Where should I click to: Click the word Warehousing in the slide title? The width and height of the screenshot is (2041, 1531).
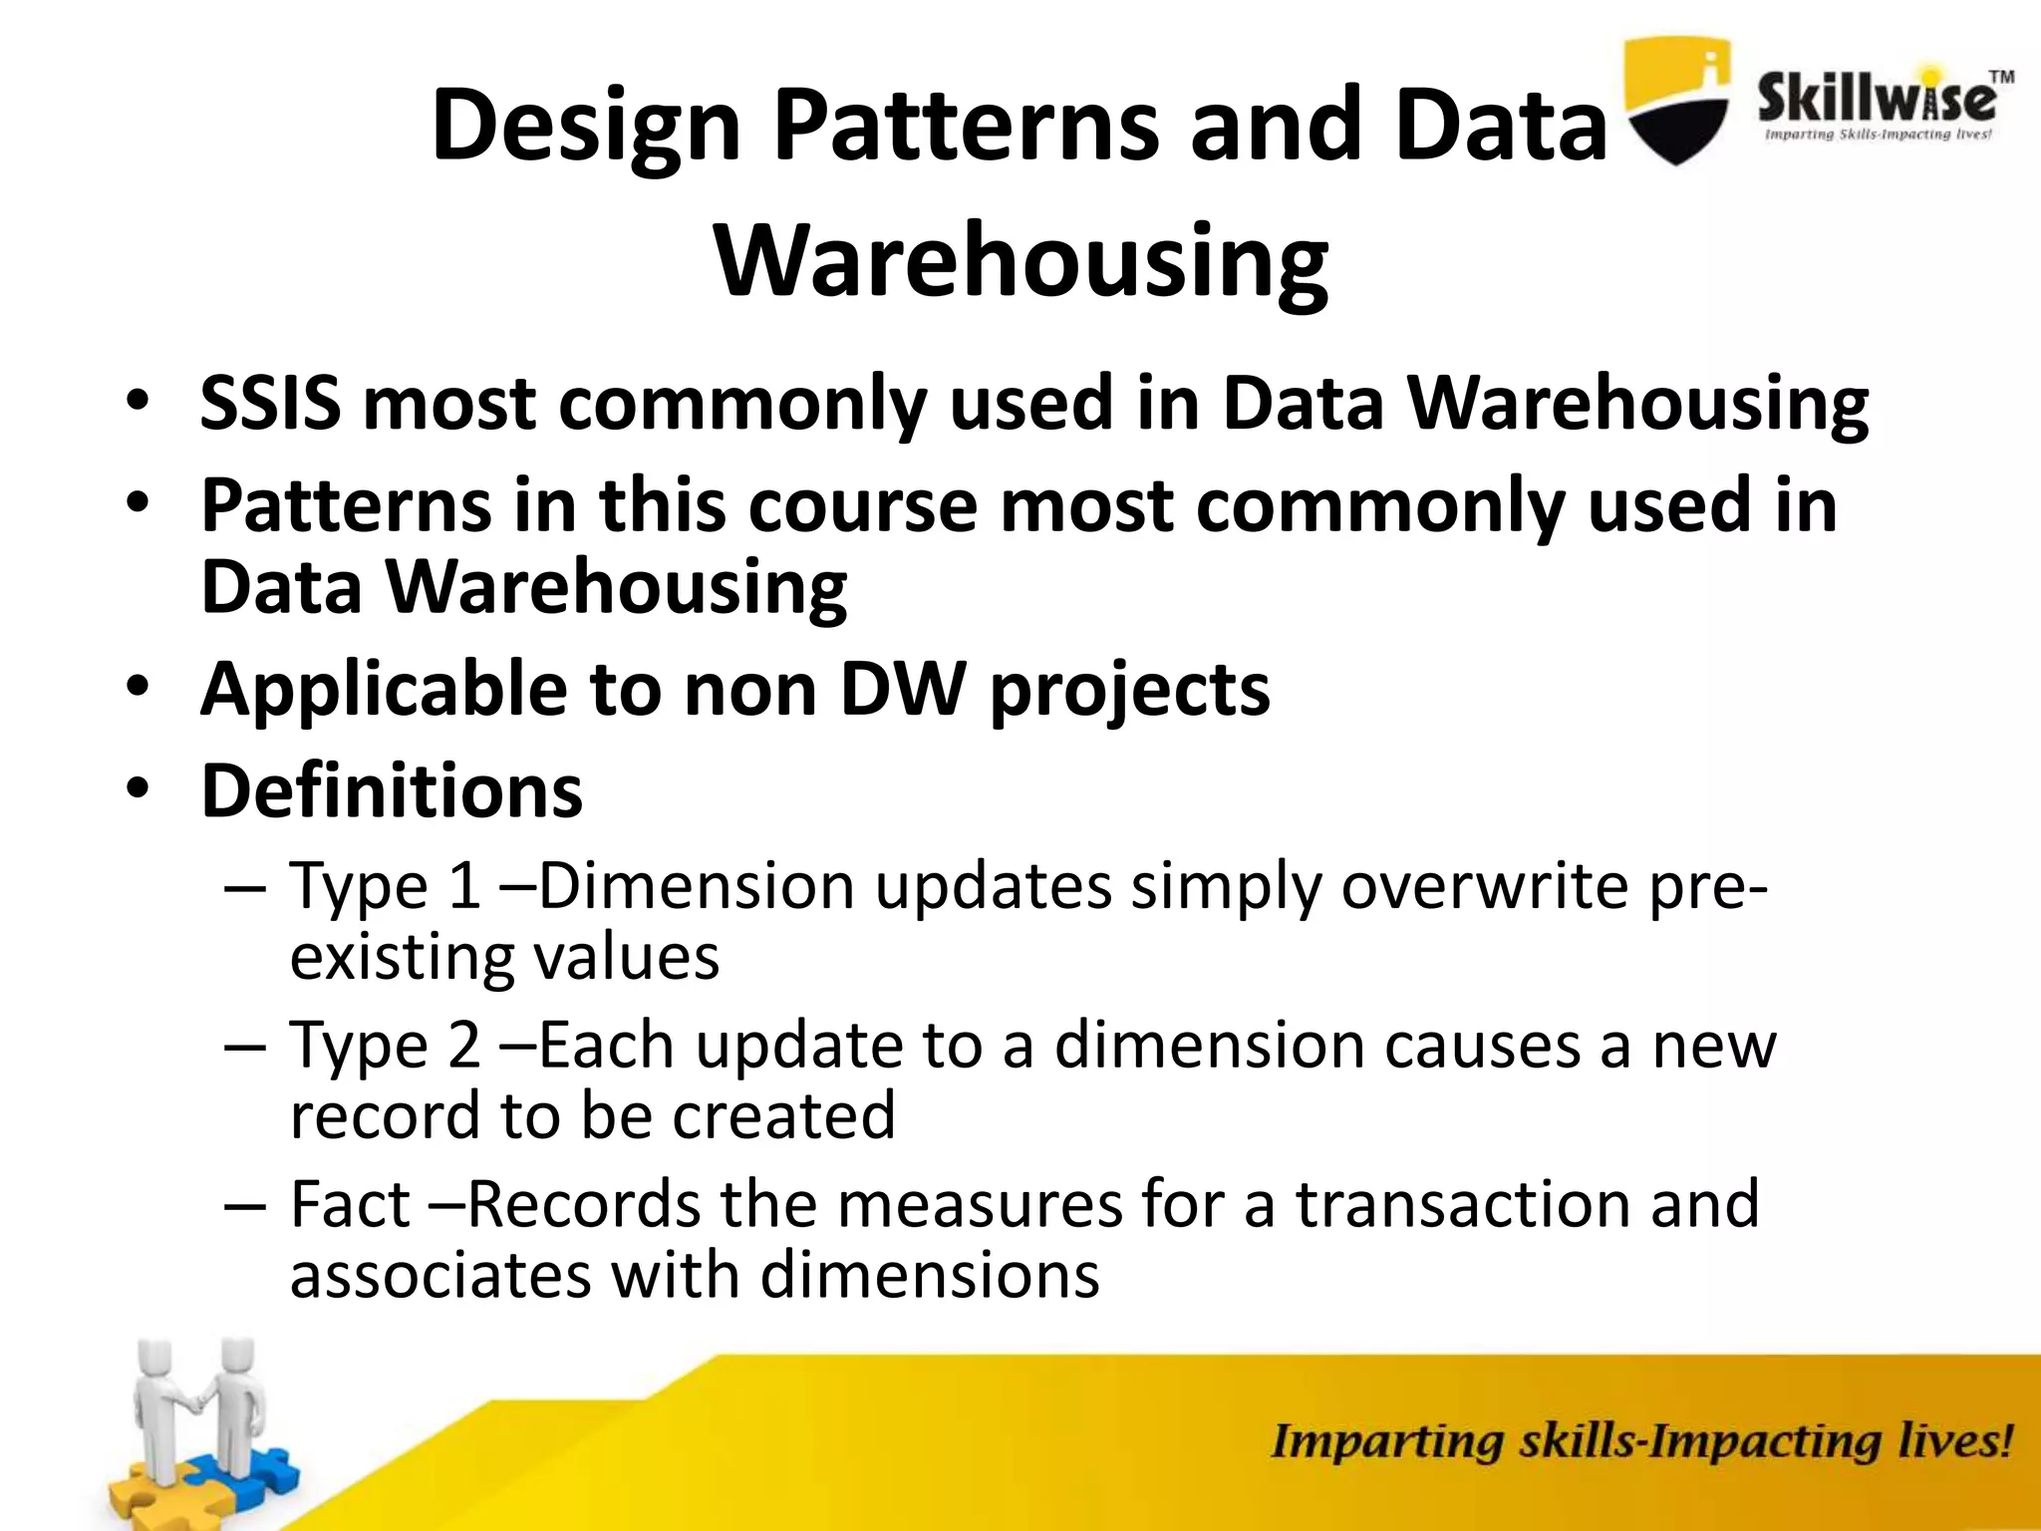coord(1021,261)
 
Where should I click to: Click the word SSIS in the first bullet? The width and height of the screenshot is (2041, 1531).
coord(269,404)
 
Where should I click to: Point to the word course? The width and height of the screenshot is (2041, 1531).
coord(862,505)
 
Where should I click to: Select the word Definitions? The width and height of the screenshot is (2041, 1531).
coord(392,790)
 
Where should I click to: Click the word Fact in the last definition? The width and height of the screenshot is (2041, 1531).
coord(350,1204)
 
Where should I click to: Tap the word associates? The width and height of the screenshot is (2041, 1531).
coord(440,1275)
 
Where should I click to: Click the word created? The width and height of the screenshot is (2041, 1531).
coord(783,1115)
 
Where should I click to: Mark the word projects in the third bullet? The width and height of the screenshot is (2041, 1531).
coord(1129,689)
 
